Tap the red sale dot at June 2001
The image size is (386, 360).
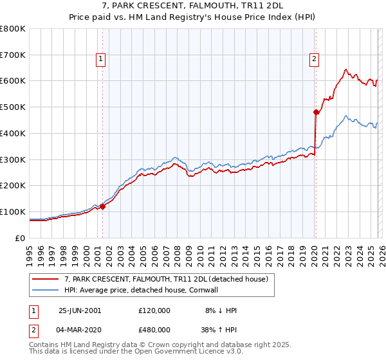103,206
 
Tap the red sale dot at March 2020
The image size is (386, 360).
316,112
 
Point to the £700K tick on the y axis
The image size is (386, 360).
13,55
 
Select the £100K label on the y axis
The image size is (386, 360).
13,212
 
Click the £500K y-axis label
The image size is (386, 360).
13,107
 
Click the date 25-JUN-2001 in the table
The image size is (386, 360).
80,310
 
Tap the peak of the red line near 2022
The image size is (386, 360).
346,69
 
